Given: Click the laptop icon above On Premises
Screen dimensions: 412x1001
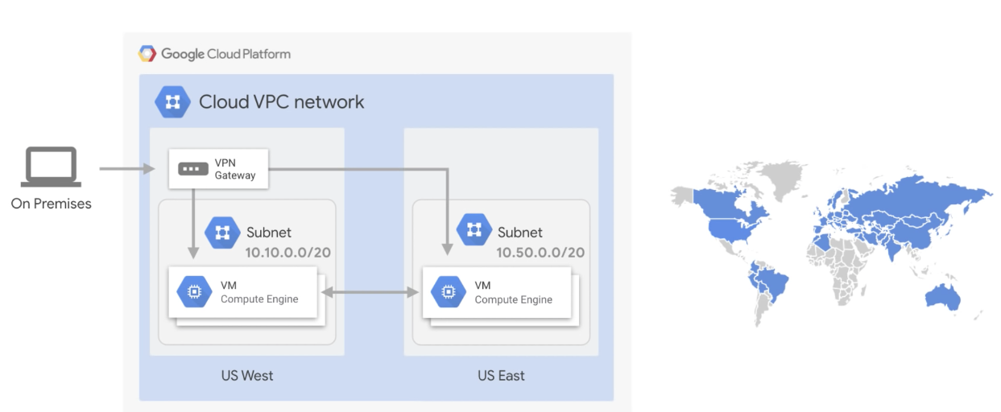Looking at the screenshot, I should click(x=52, y=167).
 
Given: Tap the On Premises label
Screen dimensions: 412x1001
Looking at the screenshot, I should click(x=52, y=204).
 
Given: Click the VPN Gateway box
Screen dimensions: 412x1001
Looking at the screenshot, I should click(x=217, y=169).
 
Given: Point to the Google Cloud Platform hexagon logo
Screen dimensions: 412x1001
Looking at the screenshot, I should click(x=147, y=54).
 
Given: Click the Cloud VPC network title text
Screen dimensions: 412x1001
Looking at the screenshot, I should click(x=281, y=102).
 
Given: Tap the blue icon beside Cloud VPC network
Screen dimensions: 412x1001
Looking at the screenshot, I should click(x=172, y=102).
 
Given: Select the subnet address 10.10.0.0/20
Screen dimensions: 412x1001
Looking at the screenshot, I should click(x=288, y=253).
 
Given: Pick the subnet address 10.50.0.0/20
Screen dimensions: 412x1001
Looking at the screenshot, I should click(x=540, y=253).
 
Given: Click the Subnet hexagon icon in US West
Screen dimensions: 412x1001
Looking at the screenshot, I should click(x=222, y=233).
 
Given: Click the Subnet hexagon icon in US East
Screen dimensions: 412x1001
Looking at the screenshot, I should click(x=474, y=230).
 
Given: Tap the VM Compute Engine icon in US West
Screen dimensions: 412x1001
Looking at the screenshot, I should click(x=193, y=292).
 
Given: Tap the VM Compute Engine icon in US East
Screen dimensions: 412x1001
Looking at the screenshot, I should click(x=447, y=293).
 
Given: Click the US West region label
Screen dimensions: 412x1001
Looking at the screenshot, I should click(x=247, y=375).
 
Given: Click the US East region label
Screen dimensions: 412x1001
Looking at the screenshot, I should click(x=501, y=375).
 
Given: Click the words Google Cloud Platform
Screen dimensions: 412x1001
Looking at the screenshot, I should click(x=225, y=54).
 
